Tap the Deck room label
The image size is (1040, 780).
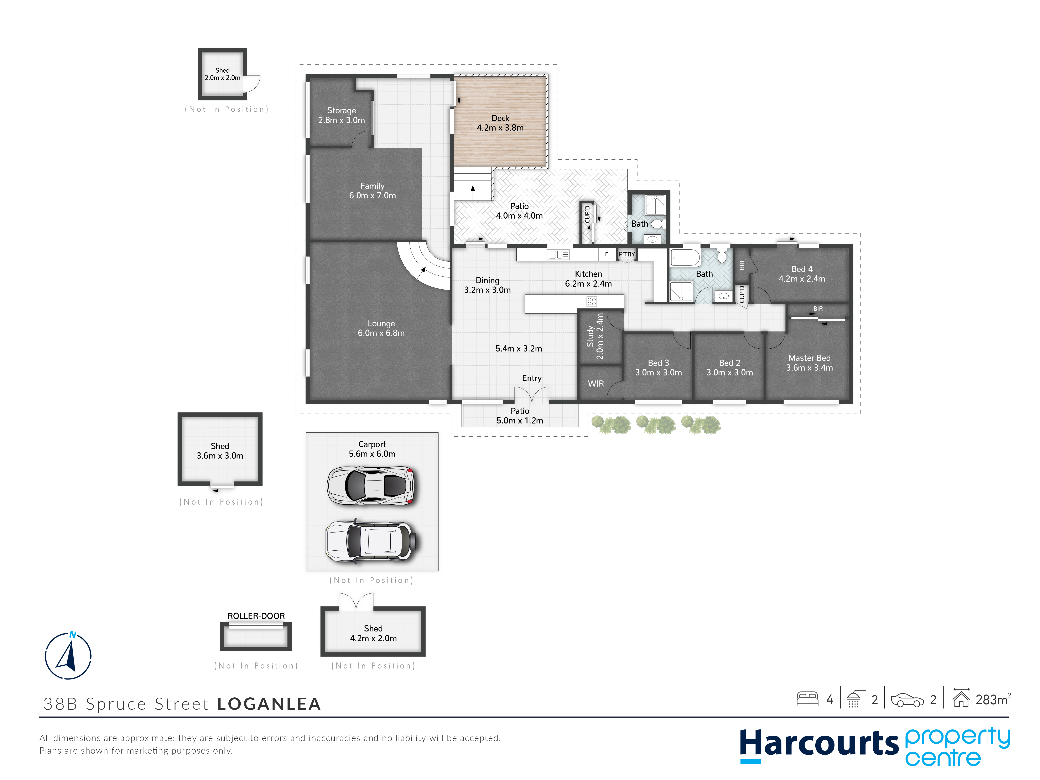click(500, 118)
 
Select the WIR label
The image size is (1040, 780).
click(596, 384)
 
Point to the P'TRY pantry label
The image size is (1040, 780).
click(627, 254)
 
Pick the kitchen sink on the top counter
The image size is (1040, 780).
click(558, 254)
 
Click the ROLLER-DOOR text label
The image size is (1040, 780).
click(256, 616)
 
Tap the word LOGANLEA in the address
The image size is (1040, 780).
click(269, 704)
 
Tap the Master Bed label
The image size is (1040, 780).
click(810, 358)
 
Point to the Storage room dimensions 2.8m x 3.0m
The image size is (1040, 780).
click(341, 120)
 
